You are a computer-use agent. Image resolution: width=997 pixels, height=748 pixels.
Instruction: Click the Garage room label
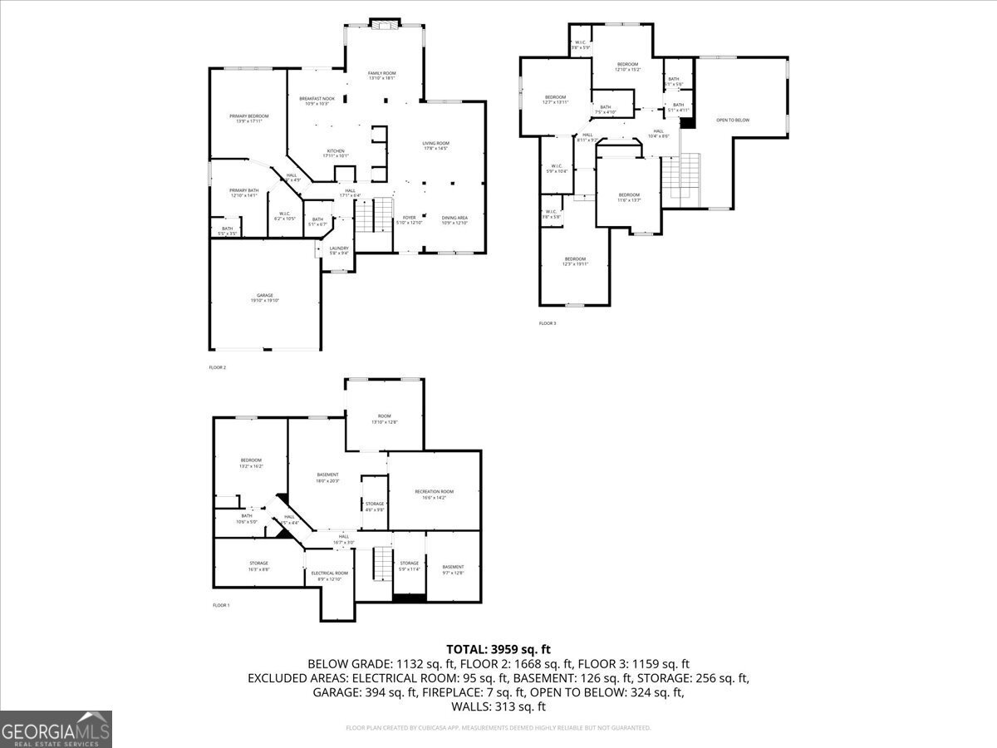pos(264,298)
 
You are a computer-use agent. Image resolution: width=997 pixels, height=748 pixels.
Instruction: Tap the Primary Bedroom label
pos(249,118)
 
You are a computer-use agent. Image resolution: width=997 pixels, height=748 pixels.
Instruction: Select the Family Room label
pos(382,76)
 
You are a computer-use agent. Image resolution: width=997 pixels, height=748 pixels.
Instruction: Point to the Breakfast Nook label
pos(317,101)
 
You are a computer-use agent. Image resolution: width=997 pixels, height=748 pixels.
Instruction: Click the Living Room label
pos(435,145)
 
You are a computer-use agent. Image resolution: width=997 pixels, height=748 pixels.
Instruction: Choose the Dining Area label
pos(454,220)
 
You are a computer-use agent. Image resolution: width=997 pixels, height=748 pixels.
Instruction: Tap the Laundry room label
pos(338,250)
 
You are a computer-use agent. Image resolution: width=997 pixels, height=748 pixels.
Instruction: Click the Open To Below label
pos(733,121)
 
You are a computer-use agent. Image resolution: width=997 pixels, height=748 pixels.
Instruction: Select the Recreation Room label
pos(434,495)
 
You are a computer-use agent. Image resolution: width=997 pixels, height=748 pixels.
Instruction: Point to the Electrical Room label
pos(329,576)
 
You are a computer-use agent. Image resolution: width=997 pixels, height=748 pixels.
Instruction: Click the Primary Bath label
pos(244,193)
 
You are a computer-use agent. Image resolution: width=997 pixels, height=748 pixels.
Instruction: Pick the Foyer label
pos(410,220)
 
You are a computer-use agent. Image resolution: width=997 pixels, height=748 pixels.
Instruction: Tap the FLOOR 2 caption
pos(217,367)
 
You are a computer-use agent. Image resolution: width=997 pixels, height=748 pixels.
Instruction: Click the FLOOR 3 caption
pos(547,322)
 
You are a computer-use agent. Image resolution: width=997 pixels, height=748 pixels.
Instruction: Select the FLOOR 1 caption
pos(220,605)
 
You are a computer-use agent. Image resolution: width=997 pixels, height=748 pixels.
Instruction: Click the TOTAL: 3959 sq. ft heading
pos(498,649)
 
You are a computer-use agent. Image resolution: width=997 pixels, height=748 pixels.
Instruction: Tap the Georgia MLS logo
pos(56,729)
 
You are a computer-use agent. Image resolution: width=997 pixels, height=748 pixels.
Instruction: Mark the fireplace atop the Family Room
pos(384,26)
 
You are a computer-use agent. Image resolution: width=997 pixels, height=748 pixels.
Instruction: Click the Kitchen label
pos(335,153)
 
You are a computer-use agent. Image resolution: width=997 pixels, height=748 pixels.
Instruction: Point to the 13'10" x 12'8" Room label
pos(384,419)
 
